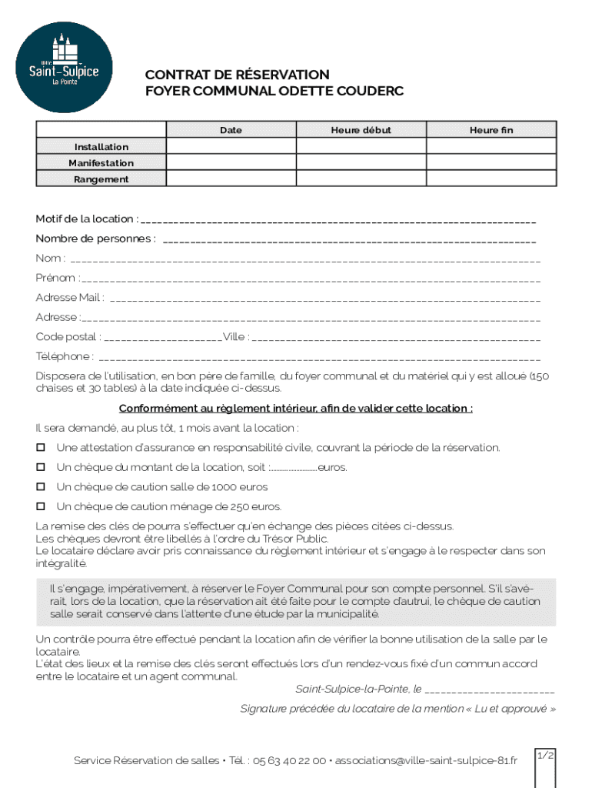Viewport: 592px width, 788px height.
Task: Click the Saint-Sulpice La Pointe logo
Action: pyautogui.click(x=65, y=67)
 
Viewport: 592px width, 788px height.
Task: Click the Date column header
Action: pyautogui.click(x=231, y=130)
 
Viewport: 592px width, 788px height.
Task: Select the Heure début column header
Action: pyautogui.click(x=361, y=130)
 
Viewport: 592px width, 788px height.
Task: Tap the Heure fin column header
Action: pyautogui.click(x=491, y=130)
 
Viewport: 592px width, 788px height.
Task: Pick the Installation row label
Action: pyautogui.click(x=101, y=147)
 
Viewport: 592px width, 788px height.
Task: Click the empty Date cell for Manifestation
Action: pyautogui.click(x=231, y=163)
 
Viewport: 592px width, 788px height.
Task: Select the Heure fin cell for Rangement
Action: pyautogui.click(x=491, y=179)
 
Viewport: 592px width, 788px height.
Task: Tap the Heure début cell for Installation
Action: pyautogui.click(x=361, y=147)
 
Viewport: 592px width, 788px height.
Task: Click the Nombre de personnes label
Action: pyautogui.click(x=95, y=239)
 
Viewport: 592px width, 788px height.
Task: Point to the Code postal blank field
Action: pyautogui.click(x=162, y=338)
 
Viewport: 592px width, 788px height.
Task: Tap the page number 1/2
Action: pyautogui.click(x=545, y=756)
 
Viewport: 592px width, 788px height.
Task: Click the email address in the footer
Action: pyautogui.click(x=426, y=760)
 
